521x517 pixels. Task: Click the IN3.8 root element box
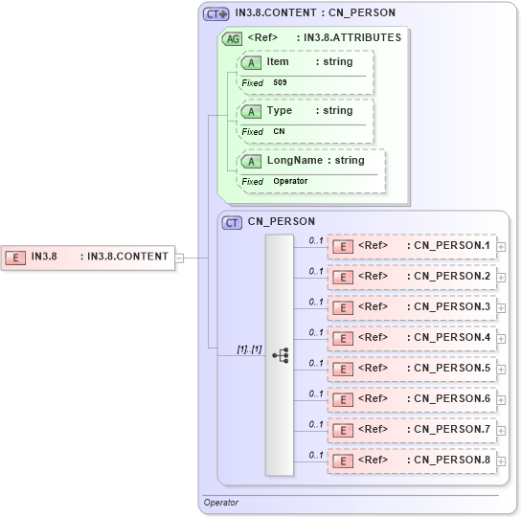point(87,257)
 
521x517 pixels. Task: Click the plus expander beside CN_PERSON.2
point(501,278)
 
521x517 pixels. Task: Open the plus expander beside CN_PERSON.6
point(501,400)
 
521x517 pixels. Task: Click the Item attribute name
point(278,62)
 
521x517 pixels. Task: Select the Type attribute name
point(280,111)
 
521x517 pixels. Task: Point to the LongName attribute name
point(293,161)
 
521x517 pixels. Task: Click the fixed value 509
point(280,83)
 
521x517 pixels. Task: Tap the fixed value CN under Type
point(279,132)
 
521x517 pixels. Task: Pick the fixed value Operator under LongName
point(290,181)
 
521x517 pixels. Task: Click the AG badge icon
point(232,39)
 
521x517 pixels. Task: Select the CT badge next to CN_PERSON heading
point(232,222)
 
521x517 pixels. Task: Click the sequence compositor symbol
point(281,355)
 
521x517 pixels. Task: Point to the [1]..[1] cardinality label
point(249,349)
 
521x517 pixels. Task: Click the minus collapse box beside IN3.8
point(179,257)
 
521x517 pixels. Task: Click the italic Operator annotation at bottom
point(221,503)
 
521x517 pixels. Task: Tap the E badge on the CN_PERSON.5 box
point(341,370)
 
